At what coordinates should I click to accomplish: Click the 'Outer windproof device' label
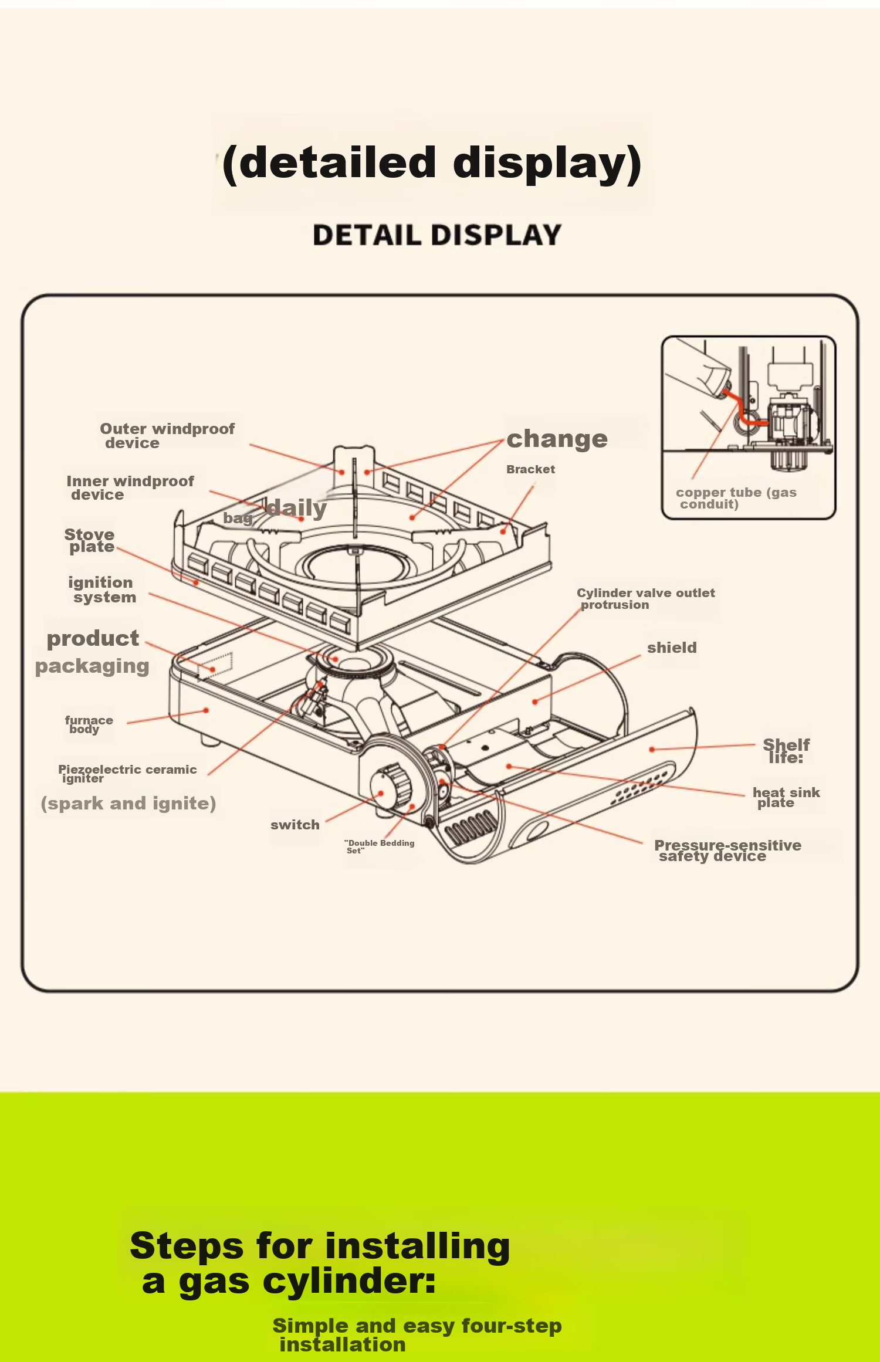pyautogui.click(x=167, y=436)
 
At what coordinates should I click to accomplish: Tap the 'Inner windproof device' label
pyautogui.click(x=130, y=488)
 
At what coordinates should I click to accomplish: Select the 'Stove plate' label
pyautogui.click(x=89, y=540)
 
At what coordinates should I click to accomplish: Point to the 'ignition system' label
pyautogui.click(x=101, y=589)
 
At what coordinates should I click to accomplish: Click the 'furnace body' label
pyautogui.click(x=89, y=724)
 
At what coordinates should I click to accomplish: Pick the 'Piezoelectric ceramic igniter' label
pyautogui.click(x=127, y=774)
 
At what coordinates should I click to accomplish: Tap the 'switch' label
pyautogui.click(x=295, y=825)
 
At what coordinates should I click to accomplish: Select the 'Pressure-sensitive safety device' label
pyautogui.click(x=727, y=851)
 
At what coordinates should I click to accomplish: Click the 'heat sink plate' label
pyautogui.click(x=786, y=797)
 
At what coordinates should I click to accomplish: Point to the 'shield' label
pyautogui.click(x=672, y=648)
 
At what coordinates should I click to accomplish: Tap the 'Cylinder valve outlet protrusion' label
pyautogui.click(x=645, y=599)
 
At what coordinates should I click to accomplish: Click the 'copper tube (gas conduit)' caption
pyautogui.click(x=736, y=498)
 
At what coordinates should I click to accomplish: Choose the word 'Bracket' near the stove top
pyautogui.click(x=530, y=469)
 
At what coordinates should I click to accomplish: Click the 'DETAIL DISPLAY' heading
pyautogui.click(x=437, y=235)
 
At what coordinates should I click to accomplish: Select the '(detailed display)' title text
pyautogui.click(x=432, y=164)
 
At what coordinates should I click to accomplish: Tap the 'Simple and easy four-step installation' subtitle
pyautogui.click(x=417, y=1334)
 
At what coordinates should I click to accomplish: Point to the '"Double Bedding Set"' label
pyautogui.click(x=379, y=846)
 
